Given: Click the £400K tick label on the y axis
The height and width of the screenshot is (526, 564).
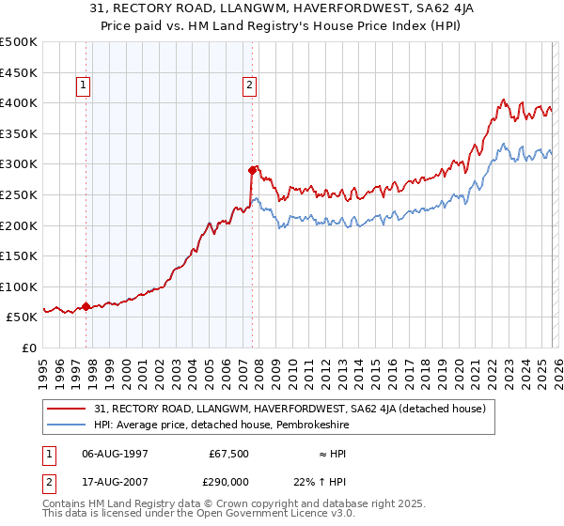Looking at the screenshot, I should (20, 102).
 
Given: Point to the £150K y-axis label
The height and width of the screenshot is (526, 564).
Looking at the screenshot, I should (20, 255).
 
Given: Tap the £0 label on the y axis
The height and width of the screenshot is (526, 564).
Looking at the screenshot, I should (28, 348).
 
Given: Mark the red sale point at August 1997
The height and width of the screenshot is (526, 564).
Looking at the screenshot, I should (86, 306).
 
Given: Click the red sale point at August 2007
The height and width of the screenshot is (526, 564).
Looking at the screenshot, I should (252, 170).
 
